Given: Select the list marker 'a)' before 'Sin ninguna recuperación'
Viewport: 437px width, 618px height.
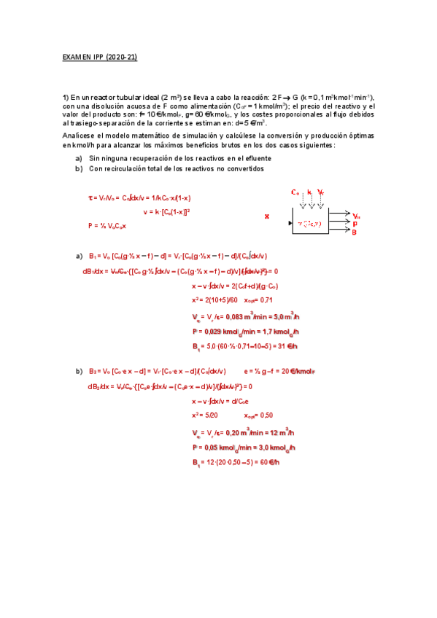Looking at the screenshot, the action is coord(79,158).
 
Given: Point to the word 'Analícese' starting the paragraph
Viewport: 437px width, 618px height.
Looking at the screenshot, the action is coord(77,136).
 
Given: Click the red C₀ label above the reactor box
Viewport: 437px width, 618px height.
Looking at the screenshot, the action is coord(295,192).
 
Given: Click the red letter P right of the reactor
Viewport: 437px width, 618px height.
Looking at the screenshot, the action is coord(355,224).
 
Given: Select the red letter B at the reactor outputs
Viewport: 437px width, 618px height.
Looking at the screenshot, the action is coord(355,232).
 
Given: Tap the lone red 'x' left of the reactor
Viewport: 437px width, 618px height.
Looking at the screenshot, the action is coord(266,216).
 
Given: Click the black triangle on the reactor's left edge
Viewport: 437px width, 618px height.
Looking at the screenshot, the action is coord(291,222).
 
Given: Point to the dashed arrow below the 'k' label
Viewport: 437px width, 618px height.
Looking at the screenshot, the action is coord(309,203).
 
